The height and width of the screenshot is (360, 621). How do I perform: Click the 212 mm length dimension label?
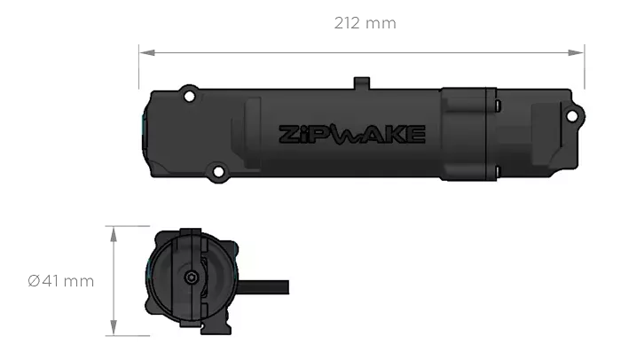364,22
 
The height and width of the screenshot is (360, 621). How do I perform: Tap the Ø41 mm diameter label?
60,282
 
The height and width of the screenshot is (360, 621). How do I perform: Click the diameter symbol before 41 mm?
33,282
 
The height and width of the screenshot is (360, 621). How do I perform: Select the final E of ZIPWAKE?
417,135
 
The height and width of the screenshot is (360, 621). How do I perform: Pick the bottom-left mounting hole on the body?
216,168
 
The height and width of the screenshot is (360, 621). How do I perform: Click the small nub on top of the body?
360,82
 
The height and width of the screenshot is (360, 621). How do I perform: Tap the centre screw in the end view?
193,278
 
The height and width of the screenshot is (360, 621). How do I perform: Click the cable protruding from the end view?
266,289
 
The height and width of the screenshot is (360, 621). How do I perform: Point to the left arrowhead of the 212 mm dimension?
146,52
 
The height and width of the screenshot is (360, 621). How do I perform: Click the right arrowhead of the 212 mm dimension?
578,52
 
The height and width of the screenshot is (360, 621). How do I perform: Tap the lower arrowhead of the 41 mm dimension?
113,326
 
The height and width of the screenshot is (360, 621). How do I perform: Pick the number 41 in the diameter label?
53,282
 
